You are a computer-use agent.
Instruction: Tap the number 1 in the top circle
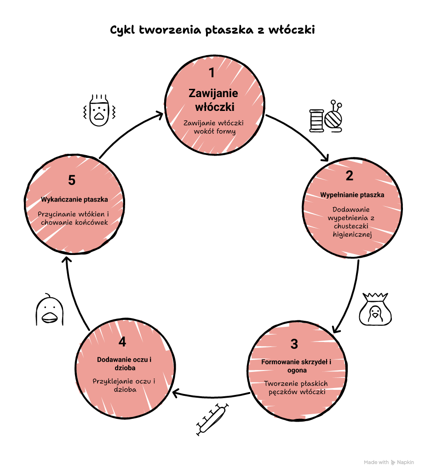[212, 73]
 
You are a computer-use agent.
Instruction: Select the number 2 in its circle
[349, 176]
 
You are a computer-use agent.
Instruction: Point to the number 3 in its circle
[294, 344]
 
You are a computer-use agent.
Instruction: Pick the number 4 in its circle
[122, 342]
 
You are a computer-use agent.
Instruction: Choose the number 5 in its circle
[72, 180]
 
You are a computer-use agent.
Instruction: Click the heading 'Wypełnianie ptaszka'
[352, 195]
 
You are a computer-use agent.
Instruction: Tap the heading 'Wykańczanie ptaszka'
[75, 199]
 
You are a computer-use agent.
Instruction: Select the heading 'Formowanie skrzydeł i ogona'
[296, 366]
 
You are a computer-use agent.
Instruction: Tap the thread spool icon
[316, 121]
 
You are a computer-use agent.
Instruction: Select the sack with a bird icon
[375, 310]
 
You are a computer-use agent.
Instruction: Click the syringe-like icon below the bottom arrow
[212, 419]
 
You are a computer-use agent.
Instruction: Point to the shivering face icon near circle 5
[99, 110]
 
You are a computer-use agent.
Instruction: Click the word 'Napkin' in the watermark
[405, 462]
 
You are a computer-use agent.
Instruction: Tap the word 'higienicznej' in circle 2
[352, 234]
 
